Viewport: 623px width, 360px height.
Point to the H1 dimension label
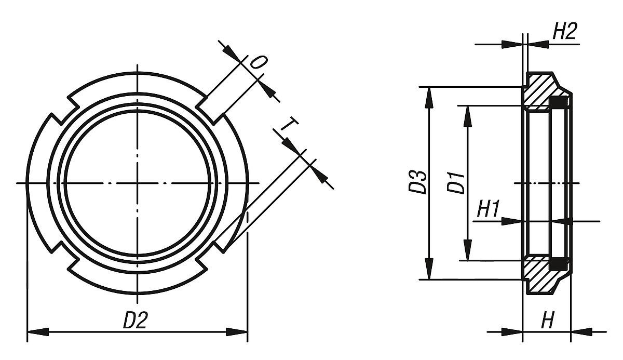pos(489,210)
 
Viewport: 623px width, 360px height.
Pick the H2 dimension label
pos(564,32)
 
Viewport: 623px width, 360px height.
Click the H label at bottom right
pos(547,321)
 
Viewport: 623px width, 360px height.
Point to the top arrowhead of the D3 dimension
pos(429,97)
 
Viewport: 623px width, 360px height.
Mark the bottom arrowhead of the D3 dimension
pos(429,270)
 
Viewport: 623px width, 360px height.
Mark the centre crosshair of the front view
pos(138,183)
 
